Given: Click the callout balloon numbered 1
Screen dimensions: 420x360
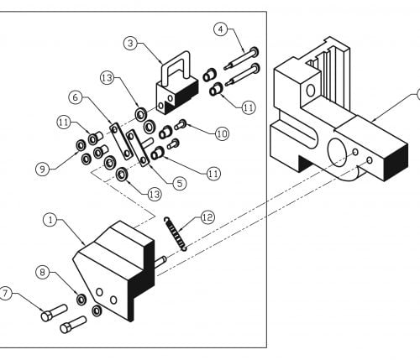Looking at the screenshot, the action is pos(50,220).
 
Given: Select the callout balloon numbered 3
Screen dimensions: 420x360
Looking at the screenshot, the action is pos(130,44).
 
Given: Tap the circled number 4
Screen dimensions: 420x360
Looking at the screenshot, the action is pos(221,29).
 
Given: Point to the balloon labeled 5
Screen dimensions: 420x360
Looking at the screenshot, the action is pos(180,184).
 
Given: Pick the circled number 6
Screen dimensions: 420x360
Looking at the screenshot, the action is pos(76,97).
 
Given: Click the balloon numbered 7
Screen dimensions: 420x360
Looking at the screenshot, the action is pos(5,294).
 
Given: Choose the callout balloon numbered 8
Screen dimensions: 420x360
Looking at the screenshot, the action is pos(43,272).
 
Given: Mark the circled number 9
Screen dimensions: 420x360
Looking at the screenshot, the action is pos(43,169).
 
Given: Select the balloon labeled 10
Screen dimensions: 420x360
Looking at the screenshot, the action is pos(222,134).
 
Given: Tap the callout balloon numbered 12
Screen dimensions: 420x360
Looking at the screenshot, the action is pos(207,217).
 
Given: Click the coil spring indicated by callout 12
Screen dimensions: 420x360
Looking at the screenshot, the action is pos(175,233).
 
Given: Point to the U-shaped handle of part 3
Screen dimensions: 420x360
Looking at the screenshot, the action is pos(176,66).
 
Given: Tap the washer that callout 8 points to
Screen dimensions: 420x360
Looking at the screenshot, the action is pos(81,300).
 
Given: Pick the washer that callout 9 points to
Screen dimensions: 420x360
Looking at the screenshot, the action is pos(81,145).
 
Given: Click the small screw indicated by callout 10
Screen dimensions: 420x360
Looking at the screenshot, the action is pos(181,124).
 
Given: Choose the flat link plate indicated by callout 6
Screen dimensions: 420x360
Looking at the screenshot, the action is pos(121,141).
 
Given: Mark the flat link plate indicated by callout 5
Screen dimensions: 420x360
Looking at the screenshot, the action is pos(138,148).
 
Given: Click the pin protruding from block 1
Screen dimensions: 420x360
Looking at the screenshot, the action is pos(160,262).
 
